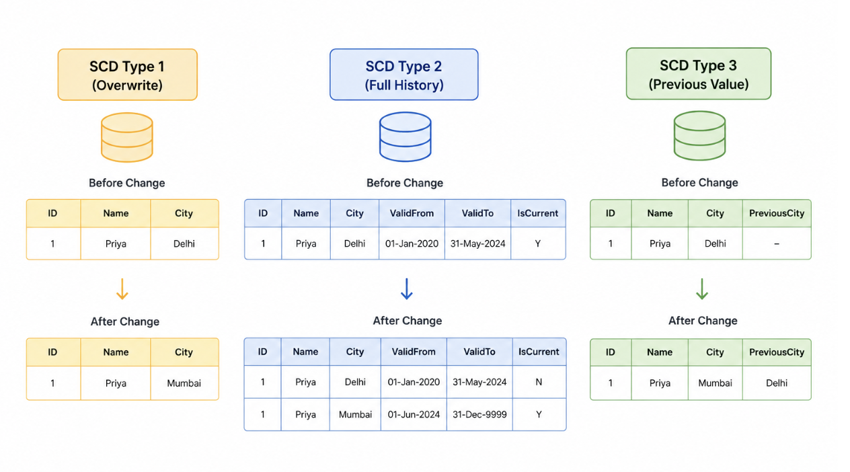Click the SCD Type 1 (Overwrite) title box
(128, 75)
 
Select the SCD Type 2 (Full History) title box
(403, 75)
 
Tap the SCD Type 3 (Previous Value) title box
(699, 73)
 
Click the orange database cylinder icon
(127, 137)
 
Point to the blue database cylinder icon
(405, 136)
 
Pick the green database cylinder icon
(700, 136)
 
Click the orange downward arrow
(122, 289)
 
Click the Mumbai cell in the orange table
(184, 383)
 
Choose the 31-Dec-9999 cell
(479, 414)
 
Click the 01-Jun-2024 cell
(414, 414)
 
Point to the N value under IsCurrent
(539, 382)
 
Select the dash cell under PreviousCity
(777, 243)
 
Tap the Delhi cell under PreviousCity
(777, 383)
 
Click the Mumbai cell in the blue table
(355, 414)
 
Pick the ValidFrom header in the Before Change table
(412, 213)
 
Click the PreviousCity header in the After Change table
(777, 352)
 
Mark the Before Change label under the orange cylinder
(126, 183)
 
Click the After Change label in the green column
(703, 321)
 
